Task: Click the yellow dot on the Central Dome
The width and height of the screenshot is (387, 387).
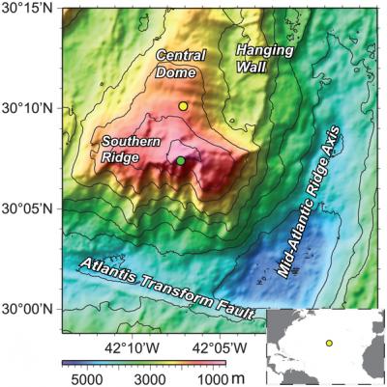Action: coord(184,106)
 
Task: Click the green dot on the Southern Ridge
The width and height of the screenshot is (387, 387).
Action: coord(181,160)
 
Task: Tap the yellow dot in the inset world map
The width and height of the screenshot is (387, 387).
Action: coord(329,343)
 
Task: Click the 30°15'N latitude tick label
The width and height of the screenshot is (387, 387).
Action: coord(30,8)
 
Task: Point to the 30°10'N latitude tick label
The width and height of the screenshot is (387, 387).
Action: coord(30,108)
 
